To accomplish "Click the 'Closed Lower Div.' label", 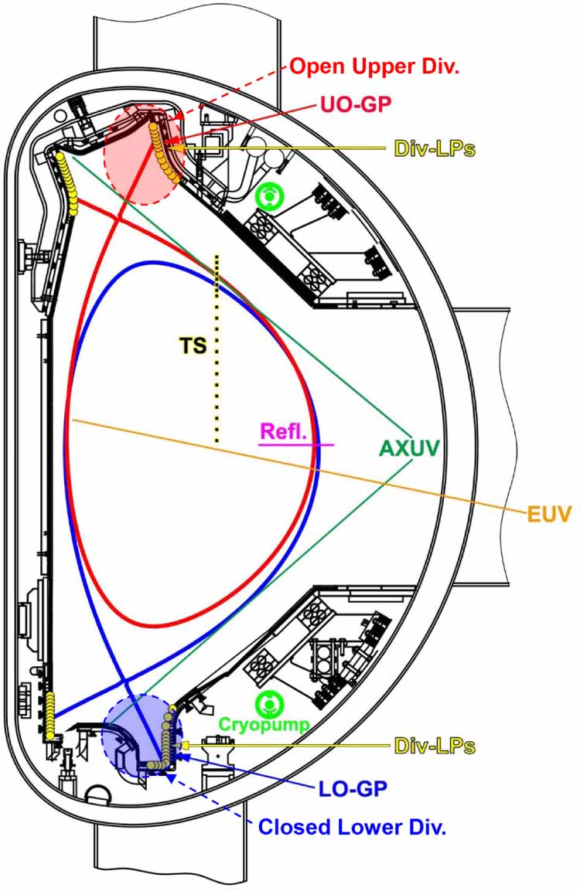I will point(352,828).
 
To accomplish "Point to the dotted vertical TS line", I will point(217,348).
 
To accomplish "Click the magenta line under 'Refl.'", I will point(296,445).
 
